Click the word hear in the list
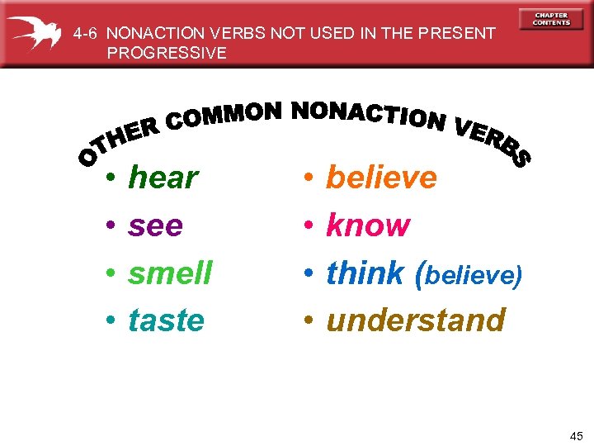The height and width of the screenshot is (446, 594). (x=163, y=178)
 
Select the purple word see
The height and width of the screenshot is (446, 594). (x=155, y=225)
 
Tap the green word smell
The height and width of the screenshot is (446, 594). (x=170, y=273)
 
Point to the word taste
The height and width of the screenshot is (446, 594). (x=166, y=320)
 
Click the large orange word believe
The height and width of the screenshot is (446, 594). (x=382, y=178)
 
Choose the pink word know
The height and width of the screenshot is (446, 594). (x=368, y=225)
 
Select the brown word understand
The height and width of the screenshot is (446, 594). (x=416, y=320)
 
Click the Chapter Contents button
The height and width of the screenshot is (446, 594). (x=551, y=19)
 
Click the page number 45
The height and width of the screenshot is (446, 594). (x=576, y=435)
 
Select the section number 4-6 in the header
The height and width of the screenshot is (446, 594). (x=86, y=34)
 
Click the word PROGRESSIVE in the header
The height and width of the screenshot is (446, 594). (x=166, y=53)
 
